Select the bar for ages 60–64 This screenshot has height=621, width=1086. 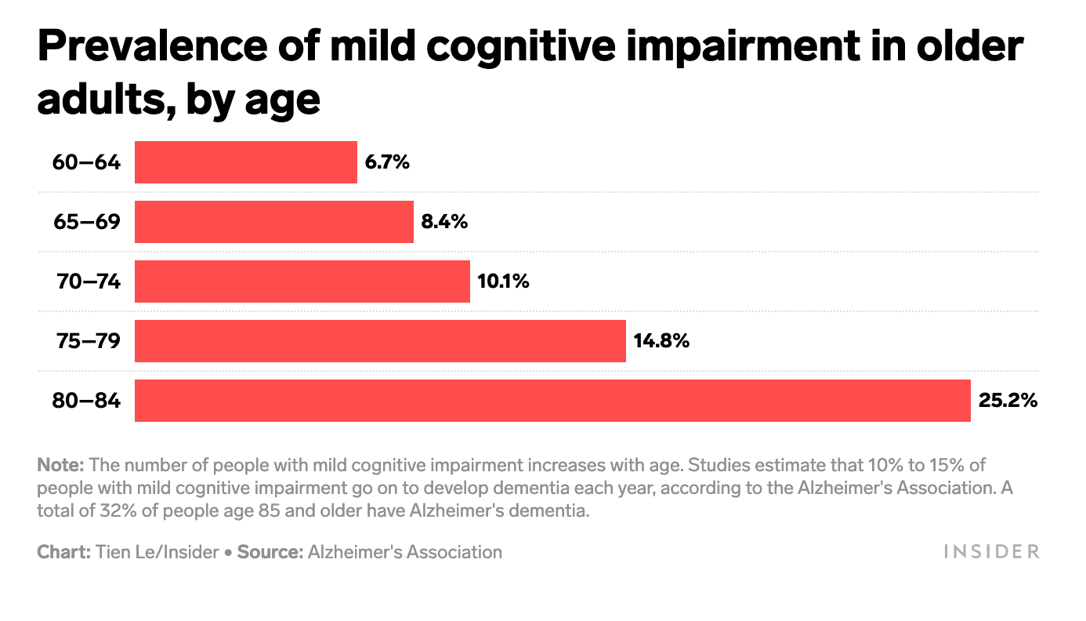[245, 162]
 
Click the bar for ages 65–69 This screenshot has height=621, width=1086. [273, 222]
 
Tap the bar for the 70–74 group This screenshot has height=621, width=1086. [302, 281]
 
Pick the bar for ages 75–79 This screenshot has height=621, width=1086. [380, 341]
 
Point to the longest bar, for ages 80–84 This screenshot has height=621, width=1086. [552, 401]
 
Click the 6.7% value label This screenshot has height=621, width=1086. [387, 162]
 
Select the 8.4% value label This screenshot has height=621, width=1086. [444, 222]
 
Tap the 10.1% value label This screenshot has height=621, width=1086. [503, 281]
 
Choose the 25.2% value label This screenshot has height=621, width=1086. [1008, 401]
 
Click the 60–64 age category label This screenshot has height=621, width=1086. [86, 162]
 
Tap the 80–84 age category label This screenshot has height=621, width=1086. [86, 401]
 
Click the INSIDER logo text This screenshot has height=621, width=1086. [991, 552]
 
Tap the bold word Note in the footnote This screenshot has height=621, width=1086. [60, 464]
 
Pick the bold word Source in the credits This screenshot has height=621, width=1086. [270, 552]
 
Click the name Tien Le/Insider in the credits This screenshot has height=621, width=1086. [157, 552]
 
